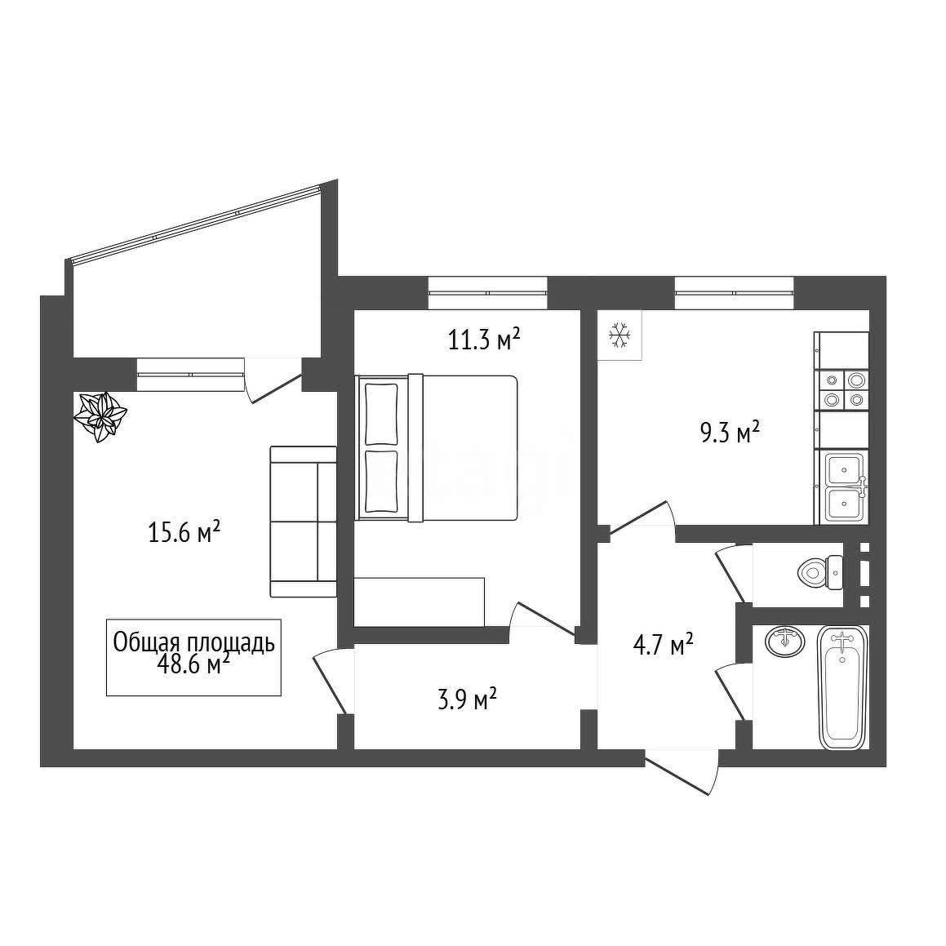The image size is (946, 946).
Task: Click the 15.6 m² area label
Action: pyautogui.click(x=184, y=532)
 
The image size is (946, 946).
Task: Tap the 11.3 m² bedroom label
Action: pyautogui.click(x=484, y=340)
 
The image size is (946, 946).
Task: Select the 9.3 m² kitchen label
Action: pyautogui.click(x=730, y=433)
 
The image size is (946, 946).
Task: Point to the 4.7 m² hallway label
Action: pyautogui.click(x=663, y=645)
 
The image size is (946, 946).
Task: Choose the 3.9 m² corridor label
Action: pyautogui.click(x=467, y=700)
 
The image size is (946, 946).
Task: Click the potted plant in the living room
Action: pyautogui.click(x=100, y=416)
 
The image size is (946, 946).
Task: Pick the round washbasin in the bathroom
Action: pyautogui.click(x=784, y=642)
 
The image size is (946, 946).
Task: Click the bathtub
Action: pyautogui.click(x=843, y=687)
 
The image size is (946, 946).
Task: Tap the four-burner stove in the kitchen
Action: pyautogui.click(x=842, y=389)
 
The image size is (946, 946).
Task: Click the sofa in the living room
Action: pyautogui.click(x=303, y=522)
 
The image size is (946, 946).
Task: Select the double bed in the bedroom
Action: pyautogui.click(x=437, y=447)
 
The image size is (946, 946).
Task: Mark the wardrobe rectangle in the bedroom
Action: pyautogui.click(x=420, y=602)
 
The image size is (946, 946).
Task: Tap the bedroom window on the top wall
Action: pyautogui.click(x=487, y=292)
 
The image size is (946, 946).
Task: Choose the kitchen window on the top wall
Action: pyautogui.click(x=734, y=292)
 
